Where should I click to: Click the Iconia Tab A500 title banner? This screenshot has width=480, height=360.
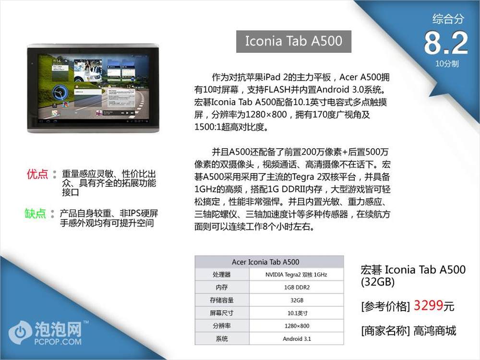pyautogui.click(x=294, y=41)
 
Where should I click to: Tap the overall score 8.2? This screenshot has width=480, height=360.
pyautogui.click(x=446, y=43)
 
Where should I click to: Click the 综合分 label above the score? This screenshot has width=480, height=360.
pyautogui.click(x=448, y=19)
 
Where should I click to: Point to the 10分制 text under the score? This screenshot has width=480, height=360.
pyautogui.click(x=447, y=64)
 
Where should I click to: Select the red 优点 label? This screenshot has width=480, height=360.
pyautogui.click(x=37, y=174)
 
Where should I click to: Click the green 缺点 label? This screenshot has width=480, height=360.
pyautogui.click(x=35, y=214)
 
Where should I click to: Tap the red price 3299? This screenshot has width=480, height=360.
pyautogui.click(x=428, y=305)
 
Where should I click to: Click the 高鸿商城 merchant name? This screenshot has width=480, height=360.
pyautogui.click(x=435, y=331)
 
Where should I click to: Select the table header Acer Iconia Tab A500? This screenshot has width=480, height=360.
pyautogui.click(x=265, y=262)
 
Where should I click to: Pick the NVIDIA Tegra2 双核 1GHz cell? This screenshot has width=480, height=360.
pyautogui.click(x=296, y=275)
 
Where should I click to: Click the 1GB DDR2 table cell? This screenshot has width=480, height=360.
pyautogui.click(x=297, y=288)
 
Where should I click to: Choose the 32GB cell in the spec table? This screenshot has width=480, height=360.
pyautogui.click(x=297, y=300)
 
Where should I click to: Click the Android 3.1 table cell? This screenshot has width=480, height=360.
pyautogui.click(x=297, y=339)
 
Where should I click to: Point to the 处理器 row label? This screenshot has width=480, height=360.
pyautogui.click(x=222, y=275)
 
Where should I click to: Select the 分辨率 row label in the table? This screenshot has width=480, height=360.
pyautogui.click(x=222, y=326)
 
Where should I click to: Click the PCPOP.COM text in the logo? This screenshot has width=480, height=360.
pyautogui.click(x=58, y=341)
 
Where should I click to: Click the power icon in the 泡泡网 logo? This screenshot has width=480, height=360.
pyautogui.click(x=20, y=332)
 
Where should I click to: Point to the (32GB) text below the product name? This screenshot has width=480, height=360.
pyautogui.click(x=378, y=282)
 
